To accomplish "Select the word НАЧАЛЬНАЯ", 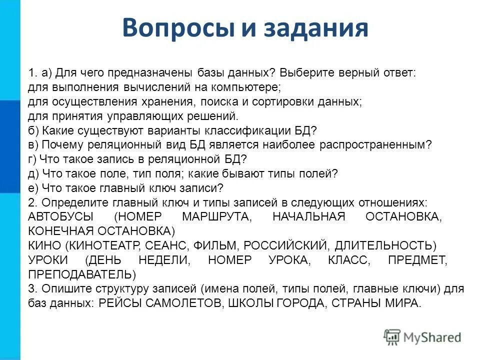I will (308, 217).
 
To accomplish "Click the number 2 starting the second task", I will (31, 202).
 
